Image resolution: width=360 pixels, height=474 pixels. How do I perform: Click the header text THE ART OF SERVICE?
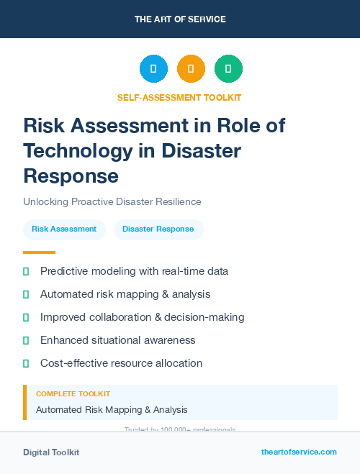click(180, 19)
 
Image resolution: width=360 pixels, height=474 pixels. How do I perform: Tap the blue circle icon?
click(153, 68)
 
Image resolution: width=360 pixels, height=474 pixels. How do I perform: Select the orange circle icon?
click(191, 68)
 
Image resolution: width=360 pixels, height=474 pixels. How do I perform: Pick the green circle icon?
click(228, 68)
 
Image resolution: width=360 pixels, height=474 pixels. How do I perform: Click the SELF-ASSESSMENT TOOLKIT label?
click(179, 97)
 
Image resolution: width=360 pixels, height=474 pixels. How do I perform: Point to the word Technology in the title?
click(80, 151)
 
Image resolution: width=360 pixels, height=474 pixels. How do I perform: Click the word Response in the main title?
click(71, 176)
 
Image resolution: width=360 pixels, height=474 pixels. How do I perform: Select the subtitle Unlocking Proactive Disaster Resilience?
click(112, 202)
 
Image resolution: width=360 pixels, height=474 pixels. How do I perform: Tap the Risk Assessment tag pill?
click(64, 229)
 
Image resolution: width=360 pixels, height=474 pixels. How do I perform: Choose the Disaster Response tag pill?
click(158, 229)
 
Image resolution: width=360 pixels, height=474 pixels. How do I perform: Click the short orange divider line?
click(39, 252)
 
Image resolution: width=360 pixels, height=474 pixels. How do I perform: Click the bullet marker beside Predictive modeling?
click(26, 271)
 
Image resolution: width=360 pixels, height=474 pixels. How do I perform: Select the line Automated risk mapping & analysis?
click(125, 294)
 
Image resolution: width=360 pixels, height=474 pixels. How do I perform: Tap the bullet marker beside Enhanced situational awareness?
click(26, 340)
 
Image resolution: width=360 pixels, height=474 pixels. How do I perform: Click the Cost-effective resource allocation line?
click(121, 363)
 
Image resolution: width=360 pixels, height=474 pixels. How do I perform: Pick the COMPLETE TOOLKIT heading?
click(73, 394)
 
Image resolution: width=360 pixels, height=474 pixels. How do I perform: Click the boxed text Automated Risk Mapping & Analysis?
click(112, 410)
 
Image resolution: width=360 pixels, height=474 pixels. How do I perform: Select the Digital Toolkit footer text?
click(51, 452)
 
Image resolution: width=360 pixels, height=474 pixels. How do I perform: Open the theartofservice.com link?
click(299, 452)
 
